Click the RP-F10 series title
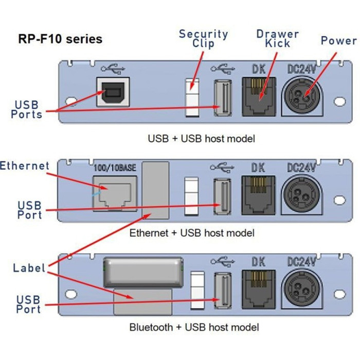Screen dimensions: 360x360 pos(60,39)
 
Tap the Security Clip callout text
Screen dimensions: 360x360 pos(203,39)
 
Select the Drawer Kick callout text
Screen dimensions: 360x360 pos(277,39)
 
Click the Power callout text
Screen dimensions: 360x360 pos(338,41)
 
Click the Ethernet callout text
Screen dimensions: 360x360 pos(25,166)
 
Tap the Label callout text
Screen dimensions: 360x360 pos(29,267)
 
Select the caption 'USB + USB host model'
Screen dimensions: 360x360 pos(201,138)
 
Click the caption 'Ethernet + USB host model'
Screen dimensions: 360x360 pos(192,233)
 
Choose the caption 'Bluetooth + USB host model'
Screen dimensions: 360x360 pos(194,327)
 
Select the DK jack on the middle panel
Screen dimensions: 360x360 pos(259,196)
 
